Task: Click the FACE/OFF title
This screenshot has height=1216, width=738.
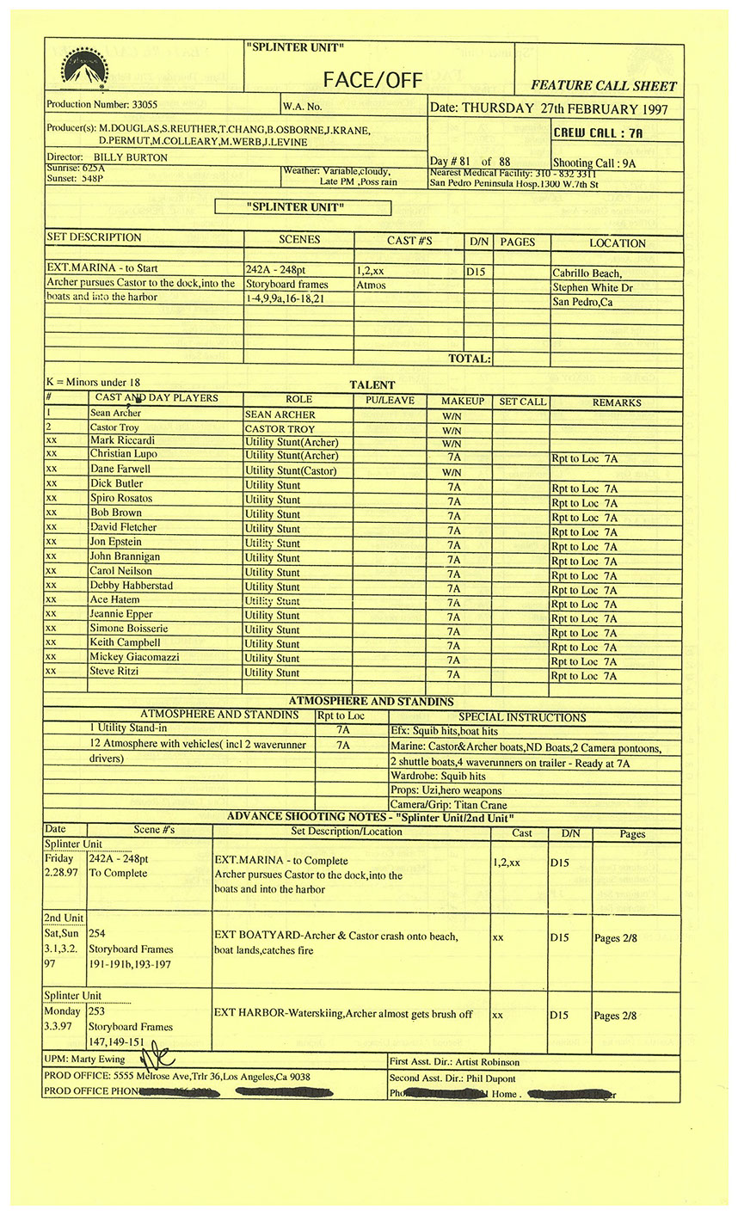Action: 372,80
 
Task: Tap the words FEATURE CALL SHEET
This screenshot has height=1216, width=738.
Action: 604,86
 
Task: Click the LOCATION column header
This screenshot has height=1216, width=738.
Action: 617,243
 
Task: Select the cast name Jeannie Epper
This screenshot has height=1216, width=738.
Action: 121,614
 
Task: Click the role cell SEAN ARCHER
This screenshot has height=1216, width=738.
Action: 280,415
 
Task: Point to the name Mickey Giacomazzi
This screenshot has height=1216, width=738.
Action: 136,657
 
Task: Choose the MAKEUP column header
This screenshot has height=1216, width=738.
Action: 463,402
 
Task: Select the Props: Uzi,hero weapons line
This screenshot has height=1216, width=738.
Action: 446,790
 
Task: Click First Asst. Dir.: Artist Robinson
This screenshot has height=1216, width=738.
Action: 454,1062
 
